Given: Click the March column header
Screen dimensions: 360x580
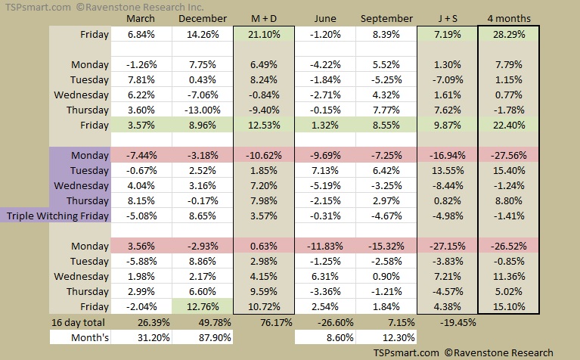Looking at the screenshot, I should tap(141, 17).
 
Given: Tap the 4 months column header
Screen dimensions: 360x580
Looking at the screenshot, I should tap(508, 17).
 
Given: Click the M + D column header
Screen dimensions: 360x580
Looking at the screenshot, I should tap(264, 17).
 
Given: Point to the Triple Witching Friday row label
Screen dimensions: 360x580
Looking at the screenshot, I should tap(57, 216).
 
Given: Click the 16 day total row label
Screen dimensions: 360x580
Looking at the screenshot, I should tap(79, 322).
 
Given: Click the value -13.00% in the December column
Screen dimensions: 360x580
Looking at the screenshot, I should tap(202, 110).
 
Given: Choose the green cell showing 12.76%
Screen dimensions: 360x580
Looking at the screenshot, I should tap(202, 306).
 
